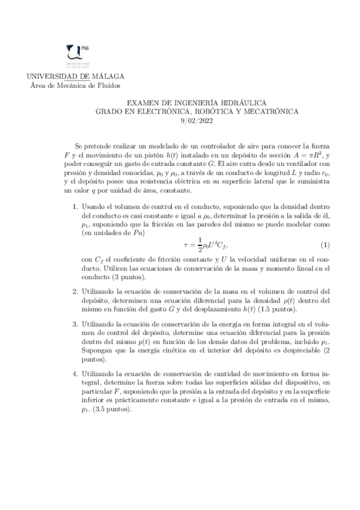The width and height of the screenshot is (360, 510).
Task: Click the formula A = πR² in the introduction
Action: [x=306, y=155]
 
